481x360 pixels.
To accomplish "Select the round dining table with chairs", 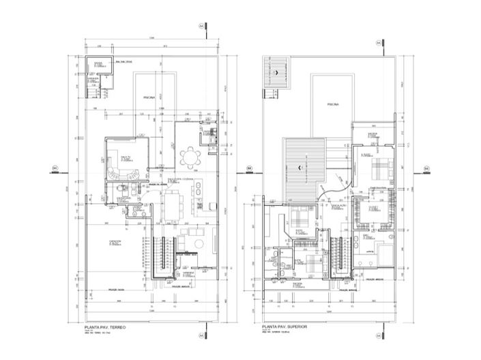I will tap(188, 158).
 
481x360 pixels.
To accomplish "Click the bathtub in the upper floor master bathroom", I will tap(370, 251).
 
